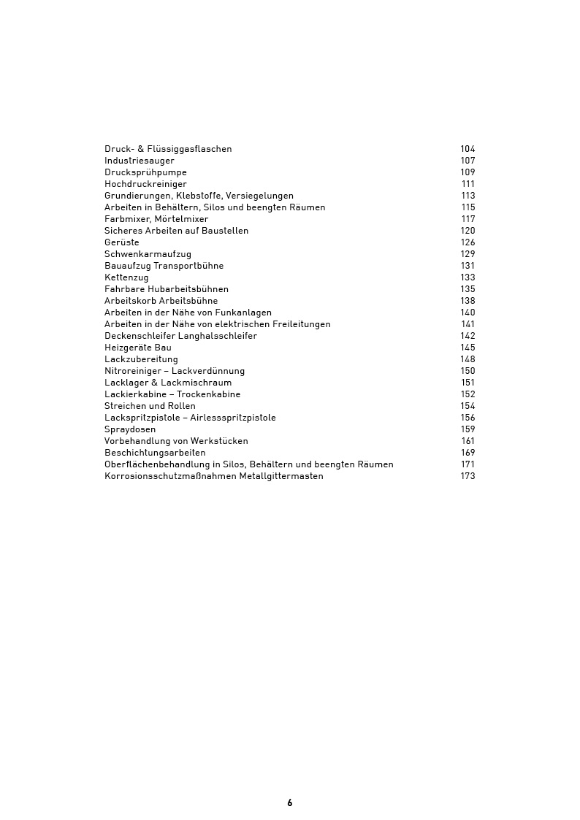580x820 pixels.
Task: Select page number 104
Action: point(468,149)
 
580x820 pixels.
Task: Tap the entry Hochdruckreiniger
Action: point(145,184)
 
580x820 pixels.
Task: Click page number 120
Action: point(468,231)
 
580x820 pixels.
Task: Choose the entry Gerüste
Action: point(121,242)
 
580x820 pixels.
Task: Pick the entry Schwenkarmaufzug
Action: point(148,254)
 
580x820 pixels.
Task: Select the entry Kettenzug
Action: point(126,277)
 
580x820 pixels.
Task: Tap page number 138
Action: point(468,301)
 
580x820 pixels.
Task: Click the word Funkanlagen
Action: point(243,313)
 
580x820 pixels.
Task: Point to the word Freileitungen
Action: point(300,324)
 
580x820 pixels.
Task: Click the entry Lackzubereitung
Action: point(141,359)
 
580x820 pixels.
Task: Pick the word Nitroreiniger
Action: point(133,371)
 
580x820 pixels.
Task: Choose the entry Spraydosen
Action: point(130,429)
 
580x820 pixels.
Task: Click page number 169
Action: point(468,453)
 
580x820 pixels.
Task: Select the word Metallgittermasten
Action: point(281,476)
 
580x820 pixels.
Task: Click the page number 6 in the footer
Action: point(290,802)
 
